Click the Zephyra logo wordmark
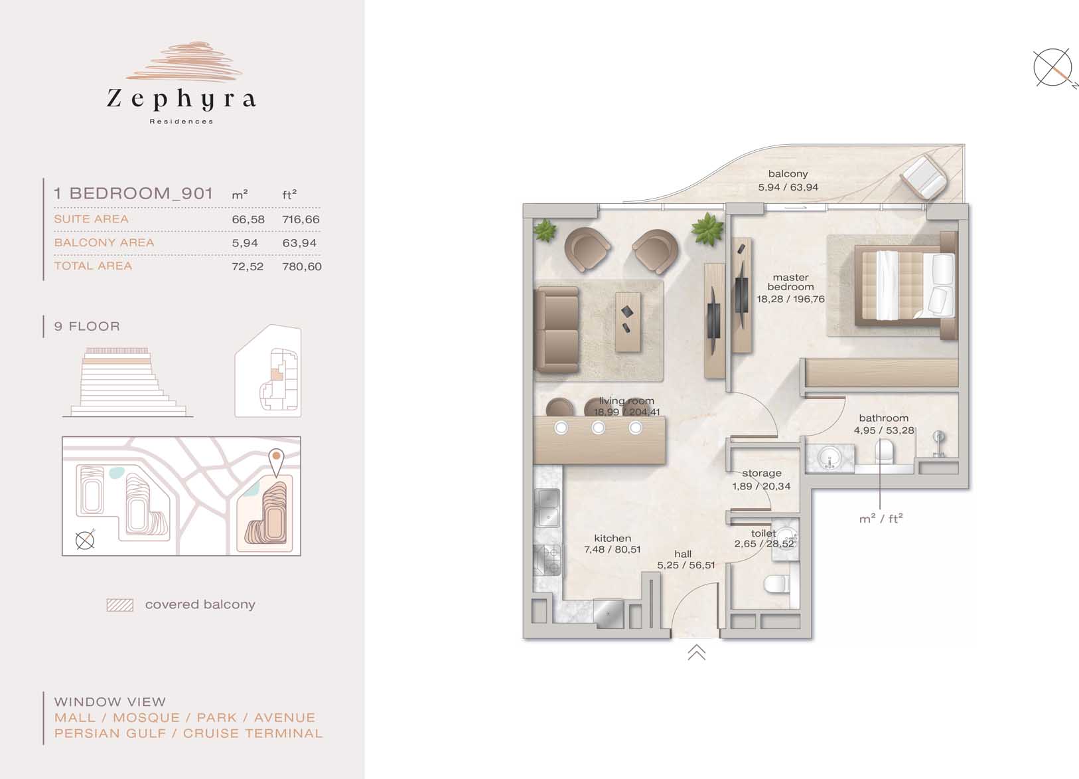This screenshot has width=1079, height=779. tap(181, 99)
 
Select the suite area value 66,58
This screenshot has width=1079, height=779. tap(248, 219)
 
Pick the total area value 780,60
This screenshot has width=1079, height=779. tap(301, 266)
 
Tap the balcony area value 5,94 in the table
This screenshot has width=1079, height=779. tap(245, 243)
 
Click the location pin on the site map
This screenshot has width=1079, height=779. tap(276, 462)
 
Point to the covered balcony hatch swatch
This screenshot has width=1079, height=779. tap(120, 605)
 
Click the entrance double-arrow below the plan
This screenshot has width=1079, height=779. tap(697, 652)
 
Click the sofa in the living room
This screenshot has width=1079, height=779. tap(556, 329)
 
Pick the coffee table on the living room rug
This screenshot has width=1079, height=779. tap(628, 322)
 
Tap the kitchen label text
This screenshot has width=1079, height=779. tap(612, 538)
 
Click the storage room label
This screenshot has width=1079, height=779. tap(762, 474)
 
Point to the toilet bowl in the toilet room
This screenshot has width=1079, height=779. tap(776, 584)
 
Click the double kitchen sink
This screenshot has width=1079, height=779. tap(547, 508)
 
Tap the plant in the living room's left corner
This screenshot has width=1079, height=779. tap(545, 230)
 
